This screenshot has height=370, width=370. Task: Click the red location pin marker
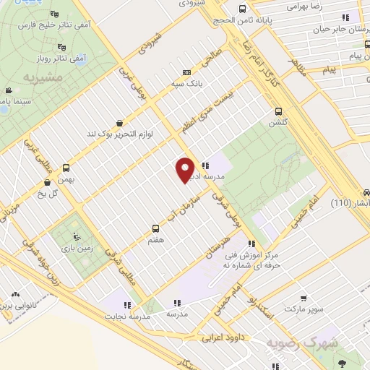click(185, 170)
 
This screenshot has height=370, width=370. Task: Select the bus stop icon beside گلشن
click(279, 111)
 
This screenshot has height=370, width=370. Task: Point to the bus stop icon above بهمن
click(66, 167)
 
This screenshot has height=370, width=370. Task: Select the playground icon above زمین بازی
click(77, 236)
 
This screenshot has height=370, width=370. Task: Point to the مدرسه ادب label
click(226, 165)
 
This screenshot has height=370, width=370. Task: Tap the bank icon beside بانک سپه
click(187, 72)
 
